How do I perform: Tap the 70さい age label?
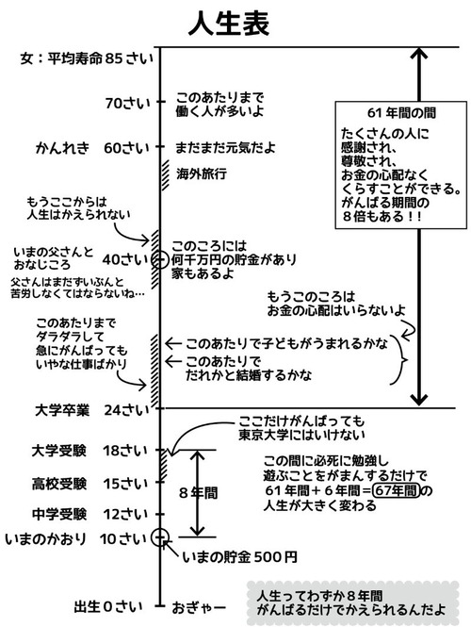coord(127,103)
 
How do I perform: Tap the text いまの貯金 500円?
coord(239,557)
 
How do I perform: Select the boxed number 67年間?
coord(395,490)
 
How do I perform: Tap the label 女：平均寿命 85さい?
coord(85,58)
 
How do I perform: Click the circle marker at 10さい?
coord(160,538)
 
